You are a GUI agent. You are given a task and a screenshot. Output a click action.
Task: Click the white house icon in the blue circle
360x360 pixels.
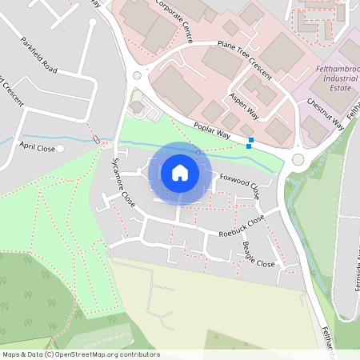pyautogui.click(x=180, y=173)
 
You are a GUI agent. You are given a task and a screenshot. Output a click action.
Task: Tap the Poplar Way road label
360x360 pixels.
pyautogui.click(x=213, y=131)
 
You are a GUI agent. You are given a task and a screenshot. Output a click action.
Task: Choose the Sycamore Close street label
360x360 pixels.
pyautogui.click(x=122, y=183)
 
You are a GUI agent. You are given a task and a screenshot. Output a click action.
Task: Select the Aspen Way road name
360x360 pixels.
pyautogui.click(x=245, y=104)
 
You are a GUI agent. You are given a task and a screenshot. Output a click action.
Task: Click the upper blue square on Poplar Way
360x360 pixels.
pyautogui.click(x=252, y=140)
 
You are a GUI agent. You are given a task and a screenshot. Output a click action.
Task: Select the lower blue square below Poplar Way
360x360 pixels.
pyautogui.click(x=249, y=146)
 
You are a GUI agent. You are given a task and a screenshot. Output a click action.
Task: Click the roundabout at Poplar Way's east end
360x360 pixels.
pyautogui.click(x=298, y=158)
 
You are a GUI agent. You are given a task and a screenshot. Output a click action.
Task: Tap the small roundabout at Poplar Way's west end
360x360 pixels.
pyautogui.click(x=137, y=75)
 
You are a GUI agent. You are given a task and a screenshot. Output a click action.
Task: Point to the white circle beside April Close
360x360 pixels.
pyautogui.click(x=60, y=148)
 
